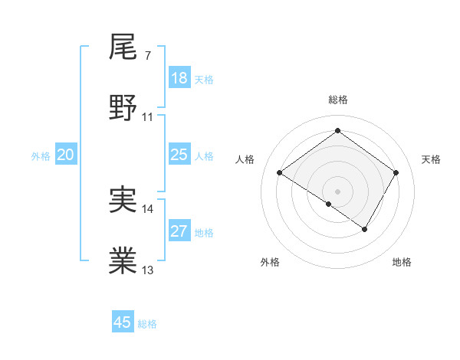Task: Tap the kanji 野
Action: (x=123, y=106)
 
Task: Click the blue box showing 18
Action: (x=179, y=78)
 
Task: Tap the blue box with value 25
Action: (x=179, y=155)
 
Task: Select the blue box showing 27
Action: (x=179, y=231)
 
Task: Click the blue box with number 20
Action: (x=66, y=155)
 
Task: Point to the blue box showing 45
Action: (x=123, y=322)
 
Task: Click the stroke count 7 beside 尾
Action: (x=147, y=57)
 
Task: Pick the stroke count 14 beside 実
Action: (x=148, y=208)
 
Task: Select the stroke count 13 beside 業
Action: (x=148, y=270)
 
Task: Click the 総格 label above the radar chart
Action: (x=337, y=100)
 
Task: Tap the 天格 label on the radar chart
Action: (x=431, y=159)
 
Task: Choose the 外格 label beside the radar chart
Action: (x=270, y=262)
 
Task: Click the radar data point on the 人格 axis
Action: (x=279, y=173)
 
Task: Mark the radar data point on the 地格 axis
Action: (x=365, y=229)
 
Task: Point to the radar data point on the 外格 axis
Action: (x=329, y=204)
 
